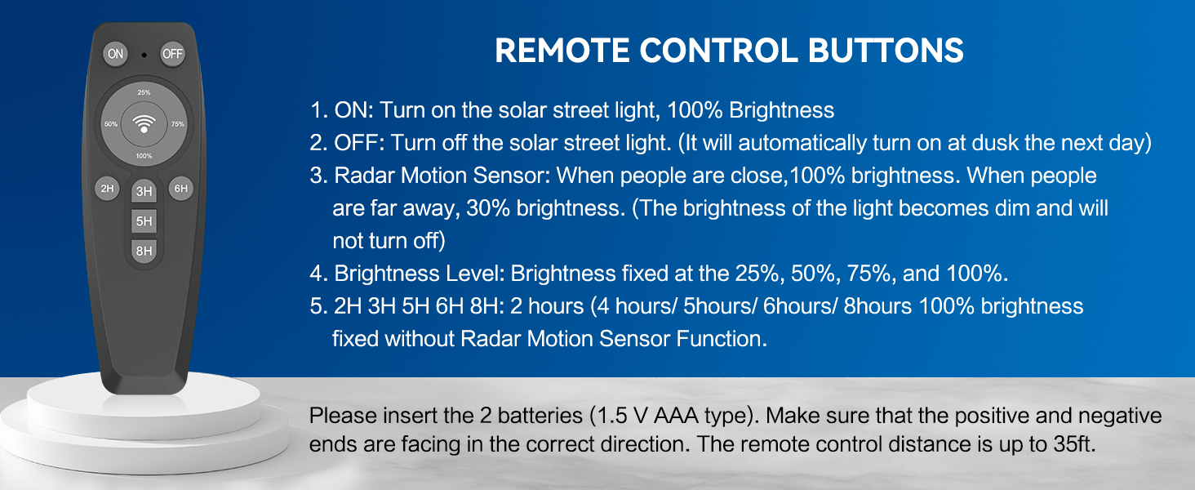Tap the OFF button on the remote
tap(172, 54)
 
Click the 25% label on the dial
tap(144, 92)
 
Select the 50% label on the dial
tap(111, 124)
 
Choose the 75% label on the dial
tap(178, 124)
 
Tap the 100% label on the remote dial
tap(144, 156)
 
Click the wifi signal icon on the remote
tap(144, 124)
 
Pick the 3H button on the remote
tap(144, 191)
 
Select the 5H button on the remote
tap(144, 221)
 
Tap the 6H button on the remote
tap(181, 189)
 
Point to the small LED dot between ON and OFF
tap(144, 55)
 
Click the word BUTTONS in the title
tap(886, 51)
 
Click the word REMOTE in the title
tap(562, 51)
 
